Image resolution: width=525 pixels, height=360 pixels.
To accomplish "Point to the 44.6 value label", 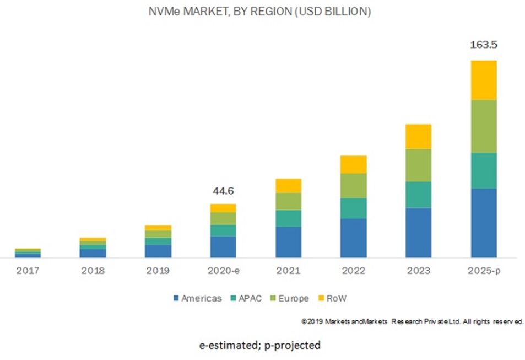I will coord(223,191).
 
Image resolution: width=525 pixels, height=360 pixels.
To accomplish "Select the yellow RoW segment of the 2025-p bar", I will coord(483,80).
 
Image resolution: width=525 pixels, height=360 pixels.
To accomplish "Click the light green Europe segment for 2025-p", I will coord(483,126).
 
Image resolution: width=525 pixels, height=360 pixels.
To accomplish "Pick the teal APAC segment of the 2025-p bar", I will coord(483,170).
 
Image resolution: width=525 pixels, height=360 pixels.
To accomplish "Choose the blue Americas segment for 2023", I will coord(418,232).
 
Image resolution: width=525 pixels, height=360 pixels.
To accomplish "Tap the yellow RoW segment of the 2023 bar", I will coord(418,136).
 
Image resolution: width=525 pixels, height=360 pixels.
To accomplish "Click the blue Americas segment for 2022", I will coord(353,238).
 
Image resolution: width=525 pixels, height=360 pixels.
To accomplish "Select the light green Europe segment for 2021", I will coord(288,201).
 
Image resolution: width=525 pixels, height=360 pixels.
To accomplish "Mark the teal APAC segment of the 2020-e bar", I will coord(223,230).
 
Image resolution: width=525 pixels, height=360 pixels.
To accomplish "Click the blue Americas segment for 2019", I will coord(158,251).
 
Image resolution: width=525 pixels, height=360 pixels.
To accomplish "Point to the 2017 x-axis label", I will coord(28,271).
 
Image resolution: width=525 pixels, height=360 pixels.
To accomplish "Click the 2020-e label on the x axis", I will coord(223,271).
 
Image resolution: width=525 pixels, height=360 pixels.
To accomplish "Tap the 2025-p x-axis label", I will coord(483,271).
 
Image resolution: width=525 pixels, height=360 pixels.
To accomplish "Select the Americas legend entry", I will coord(197,298).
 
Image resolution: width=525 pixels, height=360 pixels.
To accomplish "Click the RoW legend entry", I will coord(333,298).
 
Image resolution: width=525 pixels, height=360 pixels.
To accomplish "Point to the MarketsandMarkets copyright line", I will coord(412,321).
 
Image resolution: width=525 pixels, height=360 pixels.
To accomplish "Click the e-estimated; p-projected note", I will coord(259,345).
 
